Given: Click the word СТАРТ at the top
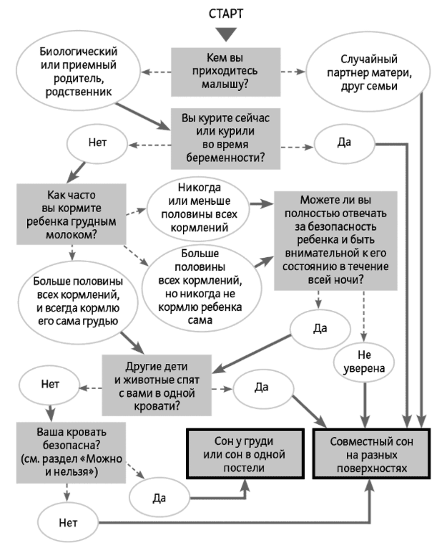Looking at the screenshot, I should tap(227, 13).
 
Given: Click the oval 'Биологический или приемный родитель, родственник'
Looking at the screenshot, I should tap(76, 72).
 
